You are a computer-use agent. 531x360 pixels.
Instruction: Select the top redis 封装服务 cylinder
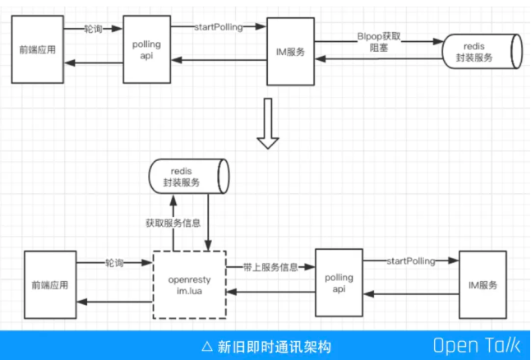pyautogui.click(x=483, y=52)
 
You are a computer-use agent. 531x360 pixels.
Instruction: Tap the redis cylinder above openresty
pyautogui.click(x=189, y=177)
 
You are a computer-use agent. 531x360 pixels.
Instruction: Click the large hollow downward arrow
pyautogui.click(x=268, y=123)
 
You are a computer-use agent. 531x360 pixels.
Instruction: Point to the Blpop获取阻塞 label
pyautogui.click(x=379, y=42)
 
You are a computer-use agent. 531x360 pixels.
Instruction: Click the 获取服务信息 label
pyautogui.click(x=173, y=224)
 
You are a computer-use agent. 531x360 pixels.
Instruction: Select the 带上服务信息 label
pyautogui.click(x=270, y=267)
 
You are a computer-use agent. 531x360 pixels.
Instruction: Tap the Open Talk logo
pyautogui.click(x=477, y=345)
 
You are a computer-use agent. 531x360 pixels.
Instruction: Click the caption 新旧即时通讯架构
pyautogui.click(x=275, y=347)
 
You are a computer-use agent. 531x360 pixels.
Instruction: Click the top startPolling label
pyautogui.click(x=219, y=27)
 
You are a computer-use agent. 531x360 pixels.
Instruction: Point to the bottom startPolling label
pyautogui.click(x=411, y=261)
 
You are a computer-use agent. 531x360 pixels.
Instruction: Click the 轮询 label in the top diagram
pyautogui.click(x=93, y=29)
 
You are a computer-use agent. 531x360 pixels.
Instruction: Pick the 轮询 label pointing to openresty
pyautogui.click(x=114, y=263)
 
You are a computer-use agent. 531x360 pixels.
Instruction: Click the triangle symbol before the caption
pyautogui.click(x=207, y=347)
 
